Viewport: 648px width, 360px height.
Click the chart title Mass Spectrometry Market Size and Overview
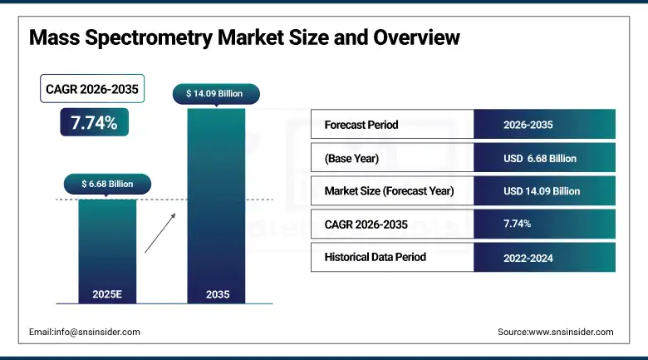click(244, 38)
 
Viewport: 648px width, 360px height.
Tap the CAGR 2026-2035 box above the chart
click(92, 89)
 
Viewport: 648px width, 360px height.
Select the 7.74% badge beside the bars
click(93, 122)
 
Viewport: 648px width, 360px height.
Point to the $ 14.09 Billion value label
click(215, 94)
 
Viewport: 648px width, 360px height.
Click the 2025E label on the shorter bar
click(107, 294)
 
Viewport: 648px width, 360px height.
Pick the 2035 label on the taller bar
click(216, 294)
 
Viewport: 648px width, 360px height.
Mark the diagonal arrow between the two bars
click(160, 232)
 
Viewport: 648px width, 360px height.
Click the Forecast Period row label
click(361, 125)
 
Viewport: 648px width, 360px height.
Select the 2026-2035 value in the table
click(528, 125)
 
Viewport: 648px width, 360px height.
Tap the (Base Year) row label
click(351, 158)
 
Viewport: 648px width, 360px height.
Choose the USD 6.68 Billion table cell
click(540, 158)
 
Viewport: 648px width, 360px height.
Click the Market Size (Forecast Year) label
click(389, 190)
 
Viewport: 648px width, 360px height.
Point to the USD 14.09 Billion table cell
click(542, 190)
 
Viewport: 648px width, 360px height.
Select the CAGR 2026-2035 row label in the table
click(367, 224)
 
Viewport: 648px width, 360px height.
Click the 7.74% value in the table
click(518, 224)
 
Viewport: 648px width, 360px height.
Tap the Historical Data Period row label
click(375, 257)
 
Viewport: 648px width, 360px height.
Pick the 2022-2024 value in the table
click(528, 258)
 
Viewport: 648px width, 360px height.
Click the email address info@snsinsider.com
click(85, 332)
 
